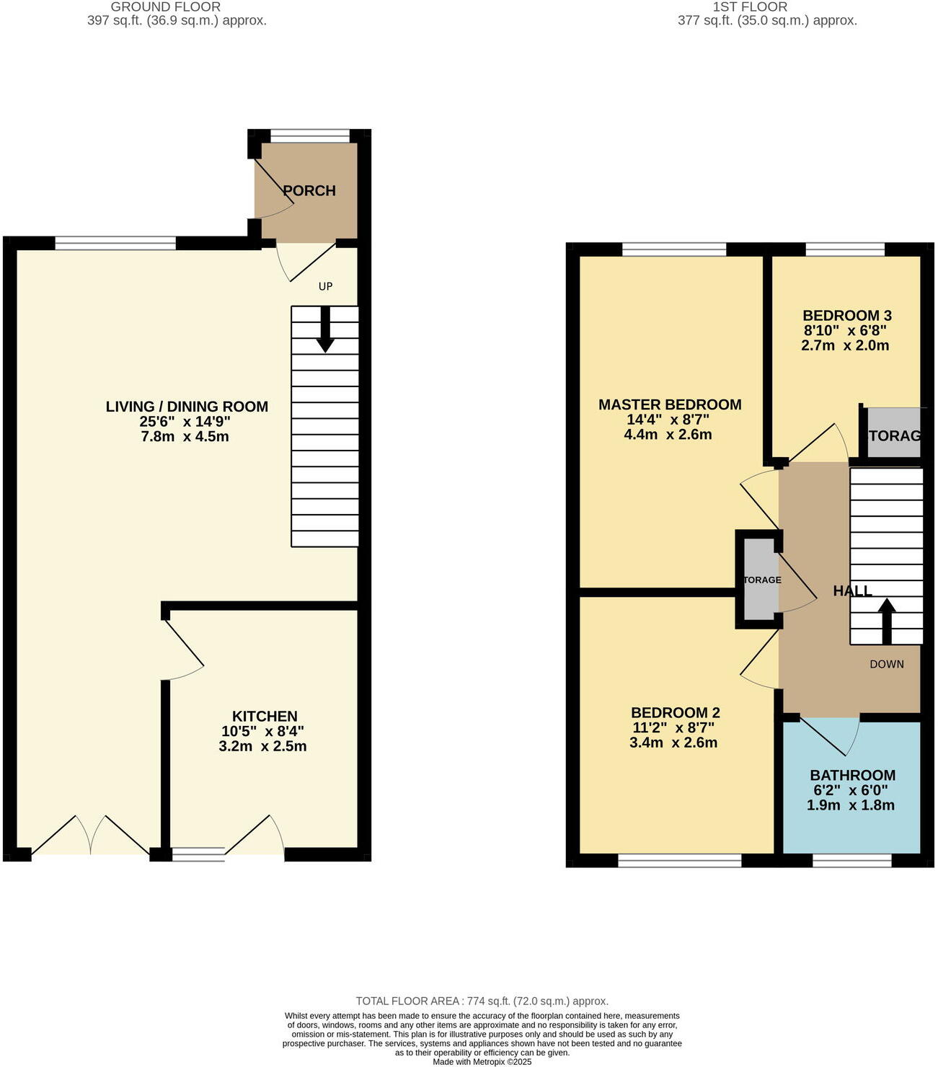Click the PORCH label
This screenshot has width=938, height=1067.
[309, 191]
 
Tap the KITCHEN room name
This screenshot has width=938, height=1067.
[265, 716]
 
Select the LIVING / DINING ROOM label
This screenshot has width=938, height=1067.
[187, 407]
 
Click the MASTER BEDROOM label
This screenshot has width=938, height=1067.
[670, 404]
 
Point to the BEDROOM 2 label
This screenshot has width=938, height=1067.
[675, 712]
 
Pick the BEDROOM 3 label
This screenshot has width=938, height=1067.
[846, 315]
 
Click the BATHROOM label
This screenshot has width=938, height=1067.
[852, 775]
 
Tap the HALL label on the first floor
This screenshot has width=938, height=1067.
[852, 591]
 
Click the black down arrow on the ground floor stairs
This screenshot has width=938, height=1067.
[325, 330]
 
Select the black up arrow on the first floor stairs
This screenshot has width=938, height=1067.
[886, 621]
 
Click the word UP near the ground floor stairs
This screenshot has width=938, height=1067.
[326, 286]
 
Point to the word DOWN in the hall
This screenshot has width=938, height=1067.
[886, 664]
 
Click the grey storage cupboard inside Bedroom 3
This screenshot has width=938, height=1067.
[893, 433]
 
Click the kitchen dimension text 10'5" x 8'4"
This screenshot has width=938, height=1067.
[263, 731]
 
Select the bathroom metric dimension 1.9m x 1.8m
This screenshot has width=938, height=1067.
[850, 805]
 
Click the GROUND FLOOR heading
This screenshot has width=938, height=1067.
[166, 6]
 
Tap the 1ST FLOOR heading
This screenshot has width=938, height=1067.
[750, 6]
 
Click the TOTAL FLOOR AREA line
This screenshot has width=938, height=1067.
[482, 1001]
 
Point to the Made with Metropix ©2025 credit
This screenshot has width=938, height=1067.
[482, 1061]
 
